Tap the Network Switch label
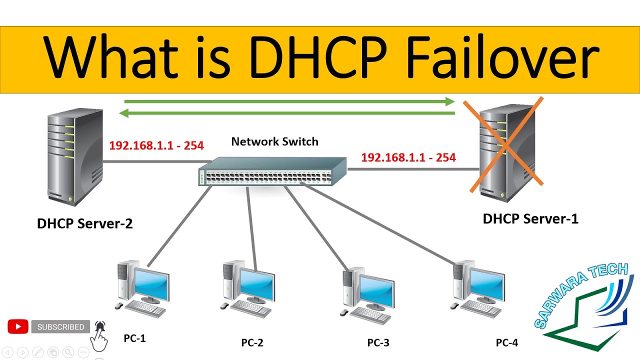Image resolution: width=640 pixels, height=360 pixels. coord(274,142)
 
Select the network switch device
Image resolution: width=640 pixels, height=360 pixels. coord(272,171)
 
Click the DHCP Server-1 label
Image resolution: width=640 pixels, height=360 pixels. coord(530,218)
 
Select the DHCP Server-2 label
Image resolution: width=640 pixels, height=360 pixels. coord(84,223)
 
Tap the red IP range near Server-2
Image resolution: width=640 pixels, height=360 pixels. coord(156,146)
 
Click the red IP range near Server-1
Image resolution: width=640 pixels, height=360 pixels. coord(408,158)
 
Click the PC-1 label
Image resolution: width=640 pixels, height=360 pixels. coord(134,338)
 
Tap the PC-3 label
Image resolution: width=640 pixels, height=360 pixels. coord(378,343)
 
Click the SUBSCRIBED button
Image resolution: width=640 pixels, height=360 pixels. coord(60,327)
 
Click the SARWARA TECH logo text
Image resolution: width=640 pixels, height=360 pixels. coord(580,295)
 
